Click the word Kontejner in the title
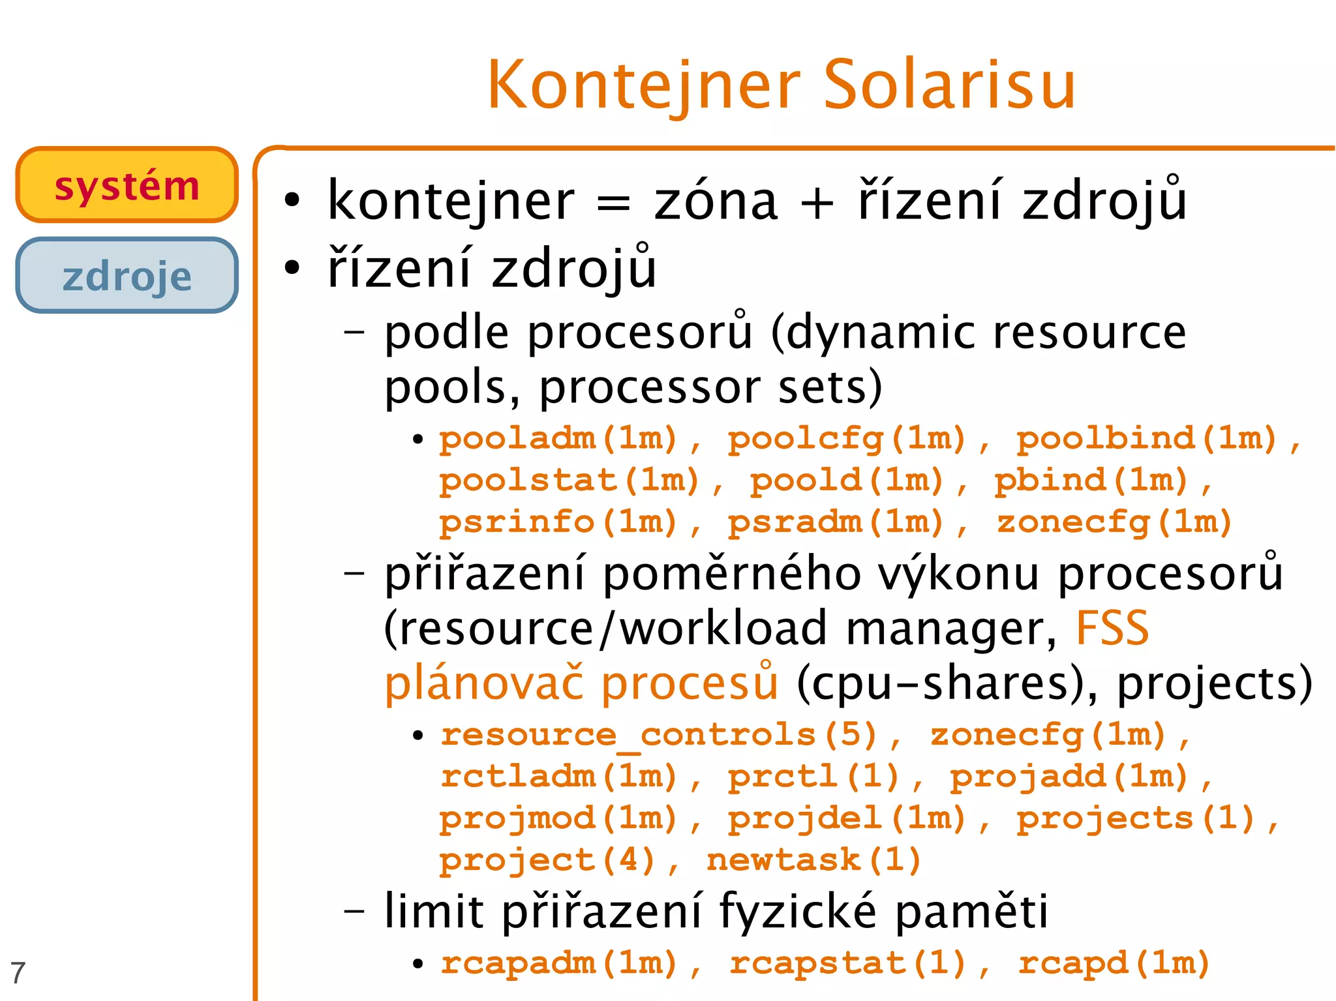point(643,86)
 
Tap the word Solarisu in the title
point(949,85)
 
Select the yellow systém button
point(127,185)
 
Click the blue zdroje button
point(127,276)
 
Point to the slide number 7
point(18,973)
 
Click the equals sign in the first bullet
point(614,203)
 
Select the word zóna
point(716,202)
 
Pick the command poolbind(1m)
point(1147,438)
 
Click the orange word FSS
point(1112,628)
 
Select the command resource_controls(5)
point(659,735)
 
